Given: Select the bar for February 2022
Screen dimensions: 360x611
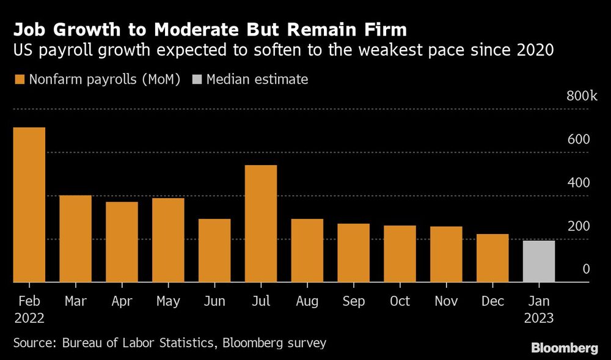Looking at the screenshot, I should pos(29,205).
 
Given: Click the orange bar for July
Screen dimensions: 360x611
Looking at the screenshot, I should pos(261,224).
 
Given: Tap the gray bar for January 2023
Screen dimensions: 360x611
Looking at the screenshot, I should pos(539,262).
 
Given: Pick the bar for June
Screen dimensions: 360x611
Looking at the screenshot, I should pos(214,251).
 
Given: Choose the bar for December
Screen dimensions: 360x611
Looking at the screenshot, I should pos(492,258).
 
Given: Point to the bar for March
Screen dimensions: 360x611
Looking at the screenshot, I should pos(75,239).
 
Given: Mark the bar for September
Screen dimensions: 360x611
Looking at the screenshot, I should pos(354,253).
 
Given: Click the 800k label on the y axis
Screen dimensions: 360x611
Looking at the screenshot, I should pos(581,96).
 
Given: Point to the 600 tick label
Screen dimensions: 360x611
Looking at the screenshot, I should pos(578,139).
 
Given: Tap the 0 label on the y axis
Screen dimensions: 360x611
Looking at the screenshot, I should pos(586,269).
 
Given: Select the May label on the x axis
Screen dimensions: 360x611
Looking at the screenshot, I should pos(168,301).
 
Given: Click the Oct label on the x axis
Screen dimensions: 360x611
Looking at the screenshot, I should pos(400,301).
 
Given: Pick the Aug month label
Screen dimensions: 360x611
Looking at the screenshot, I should pos(307,301).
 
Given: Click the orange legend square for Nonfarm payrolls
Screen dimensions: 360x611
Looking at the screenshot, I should pos(19,79).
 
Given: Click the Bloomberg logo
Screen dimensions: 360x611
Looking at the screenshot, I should pos(565,348).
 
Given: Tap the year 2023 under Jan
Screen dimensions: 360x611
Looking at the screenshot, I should pos(539,318).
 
